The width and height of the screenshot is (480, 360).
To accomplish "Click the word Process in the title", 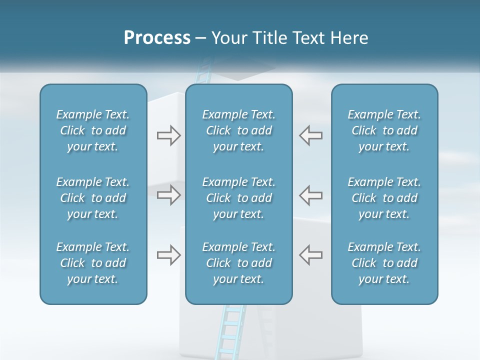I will point(157,38).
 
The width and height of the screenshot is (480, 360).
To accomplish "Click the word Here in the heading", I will point(350,38).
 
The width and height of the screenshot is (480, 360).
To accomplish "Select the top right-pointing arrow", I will point(168,135).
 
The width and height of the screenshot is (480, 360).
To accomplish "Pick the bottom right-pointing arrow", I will point(168,254).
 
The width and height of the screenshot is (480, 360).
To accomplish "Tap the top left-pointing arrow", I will point(311,135).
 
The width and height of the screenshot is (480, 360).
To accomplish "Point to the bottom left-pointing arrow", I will point(311,254).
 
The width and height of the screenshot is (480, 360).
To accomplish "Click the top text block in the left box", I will point(93,130).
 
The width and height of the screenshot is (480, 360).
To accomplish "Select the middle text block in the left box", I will point(93,197).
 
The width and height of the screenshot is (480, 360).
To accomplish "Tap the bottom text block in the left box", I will point(93,263).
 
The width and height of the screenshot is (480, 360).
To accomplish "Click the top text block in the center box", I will point(238,130).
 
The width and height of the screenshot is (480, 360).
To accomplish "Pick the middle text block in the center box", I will point(238,197).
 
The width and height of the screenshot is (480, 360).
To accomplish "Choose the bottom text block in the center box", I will point(238,263).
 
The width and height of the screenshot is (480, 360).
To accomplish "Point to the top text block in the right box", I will point(384,130).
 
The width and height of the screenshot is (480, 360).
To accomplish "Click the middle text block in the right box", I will point(384,197).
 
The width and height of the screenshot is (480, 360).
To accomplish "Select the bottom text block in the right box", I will point(384,263).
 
